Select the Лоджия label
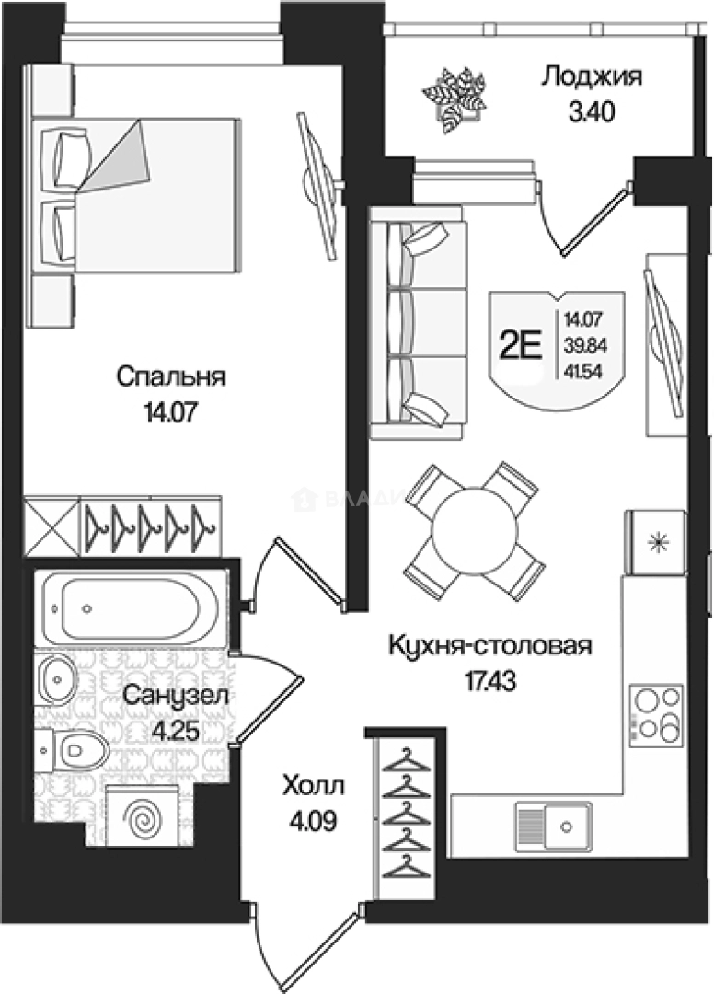pyautogui.click(x=590, y=75)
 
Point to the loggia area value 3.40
pyautogui.click(x=590, y=112)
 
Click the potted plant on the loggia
pyautogui.click(x=454, y=98)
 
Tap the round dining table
pyautogui.click(x=472, y=530)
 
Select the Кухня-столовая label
pyautogui.click(x=488, y=645)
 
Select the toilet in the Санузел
pyautogui.click(x=75, y=751)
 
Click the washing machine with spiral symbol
pyautogui.click(x=142, y=816)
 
